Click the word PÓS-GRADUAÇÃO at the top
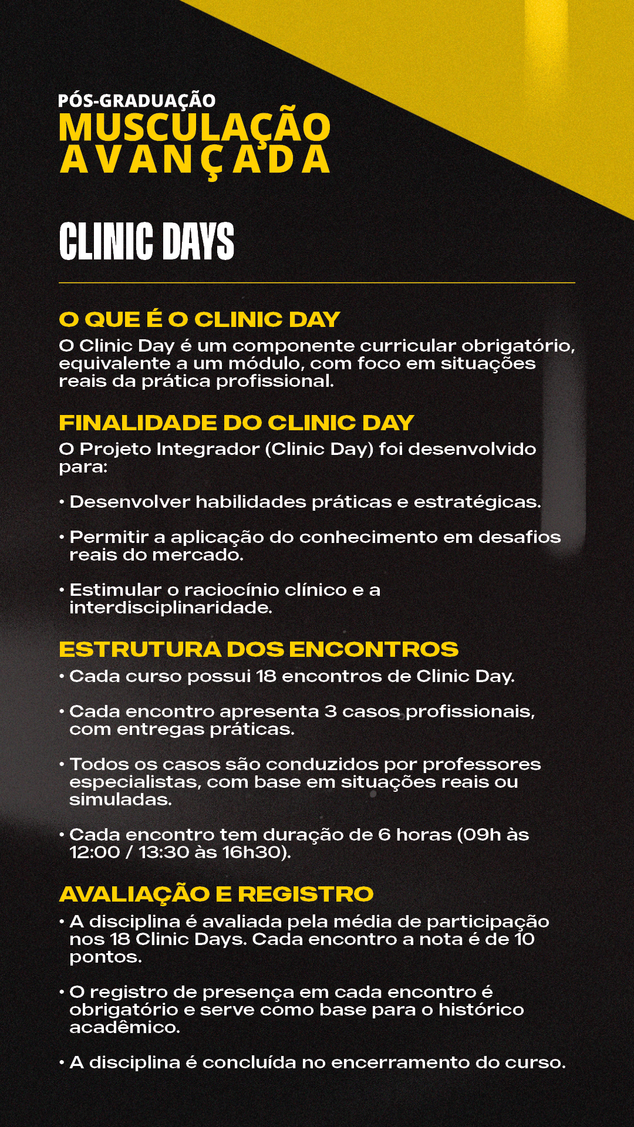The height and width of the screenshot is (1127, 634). click(137, 100)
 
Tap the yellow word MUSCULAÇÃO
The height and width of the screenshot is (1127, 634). click(194, 128)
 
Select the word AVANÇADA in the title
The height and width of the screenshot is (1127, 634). click(194, 160)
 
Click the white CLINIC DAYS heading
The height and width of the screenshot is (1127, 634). click(146, 241)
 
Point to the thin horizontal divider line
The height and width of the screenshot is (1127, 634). click(317, 283)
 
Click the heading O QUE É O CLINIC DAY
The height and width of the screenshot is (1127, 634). click(200, 319)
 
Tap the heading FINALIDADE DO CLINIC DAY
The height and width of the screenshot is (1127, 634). click(236, 423)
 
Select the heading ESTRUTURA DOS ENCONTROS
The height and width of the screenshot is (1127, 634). click(258, 649)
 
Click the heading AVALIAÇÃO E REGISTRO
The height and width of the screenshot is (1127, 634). click(216, 894)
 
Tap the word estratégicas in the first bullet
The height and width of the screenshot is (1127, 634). click(477, 502)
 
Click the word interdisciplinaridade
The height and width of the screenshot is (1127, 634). click(171, 608)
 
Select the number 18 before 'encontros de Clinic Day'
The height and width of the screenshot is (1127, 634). click(266, 676)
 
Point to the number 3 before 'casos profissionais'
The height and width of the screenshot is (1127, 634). click(331, 711)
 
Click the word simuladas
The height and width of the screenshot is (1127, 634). click(120, 799)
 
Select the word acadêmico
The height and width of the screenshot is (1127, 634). click(124, 1027)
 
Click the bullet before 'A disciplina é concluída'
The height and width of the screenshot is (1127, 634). click(62, 1063)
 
